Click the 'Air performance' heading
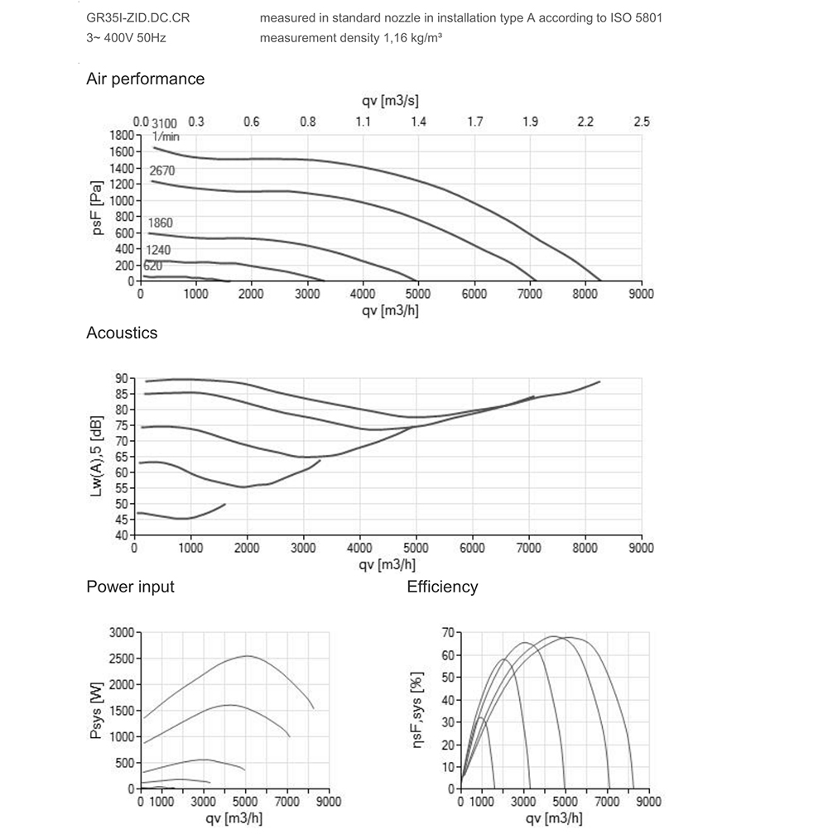pyautogui.click(x=145, y=79)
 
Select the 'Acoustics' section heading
pyautogui.click(x=122, y=333)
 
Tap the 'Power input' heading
pyautogui.click(x=130, y=587)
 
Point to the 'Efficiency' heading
pyautogui.click(x=442, y=587)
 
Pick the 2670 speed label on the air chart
pyautogui.click(x=161, y=170)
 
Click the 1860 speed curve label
pyautogui.click(x=160, y=223)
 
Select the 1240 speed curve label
pyautogui.click(x=158, y=250)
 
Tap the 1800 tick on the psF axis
pyautogui.click(x=121, y=135)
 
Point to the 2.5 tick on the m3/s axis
pyautogui.click(x=641, y=122)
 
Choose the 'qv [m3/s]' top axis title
pyautogui.click(x=390, y=101)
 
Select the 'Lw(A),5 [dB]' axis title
pyautogui.click(x=97, y=457)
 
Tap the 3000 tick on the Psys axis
pyautogui.click(x=120, y=633)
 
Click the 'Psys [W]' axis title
pyautogui.click(x=97, y=711)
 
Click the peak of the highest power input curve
pyautogui.click(x=248, y=656)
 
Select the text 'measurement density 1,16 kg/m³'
pyautogui.click(x=349, y=38)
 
